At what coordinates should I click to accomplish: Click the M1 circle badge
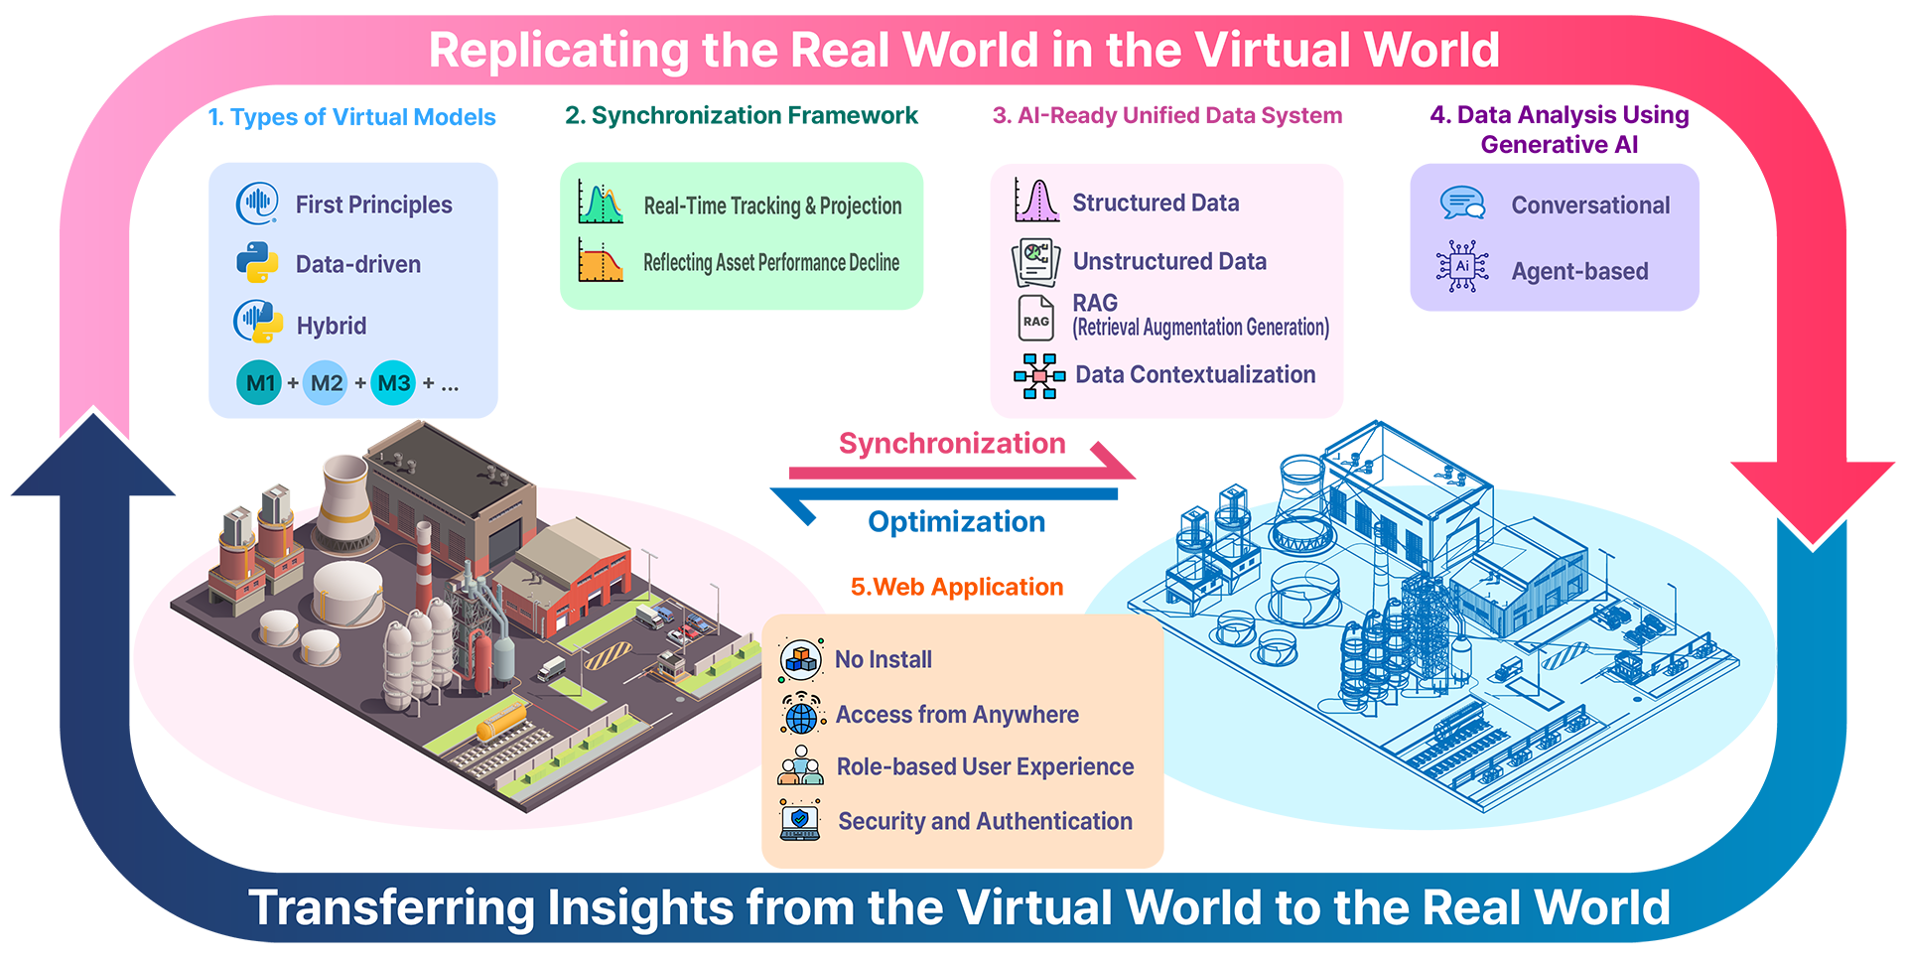point(259,383)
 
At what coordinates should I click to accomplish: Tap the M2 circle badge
point(327,383)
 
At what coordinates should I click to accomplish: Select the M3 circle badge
point(394,383)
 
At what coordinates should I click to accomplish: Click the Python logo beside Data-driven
point(257,263)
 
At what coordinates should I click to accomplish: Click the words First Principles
point(373,205)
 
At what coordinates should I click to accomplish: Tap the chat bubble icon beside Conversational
point(1462,204)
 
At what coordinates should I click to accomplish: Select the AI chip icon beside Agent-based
point(1462,266)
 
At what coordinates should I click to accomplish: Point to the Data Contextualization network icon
point(1038,375)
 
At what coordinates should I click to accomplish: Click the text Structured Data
point(1156,203)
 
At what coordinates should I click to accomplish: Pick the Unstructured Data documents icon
point(1035,261)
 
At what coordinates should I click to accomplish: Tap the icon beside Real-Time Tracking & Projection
point(601,204)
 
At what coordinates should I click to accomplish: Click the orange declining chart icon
point(601,260)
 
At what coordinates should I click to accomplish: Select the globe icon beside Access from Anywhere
point(801,715)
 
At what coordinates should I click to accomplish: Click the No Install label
point(883,659)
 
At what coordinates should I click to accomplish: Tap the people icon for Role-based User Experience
point(801,766)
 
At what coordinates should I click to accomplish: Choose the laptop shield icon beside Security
point(800,821)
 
